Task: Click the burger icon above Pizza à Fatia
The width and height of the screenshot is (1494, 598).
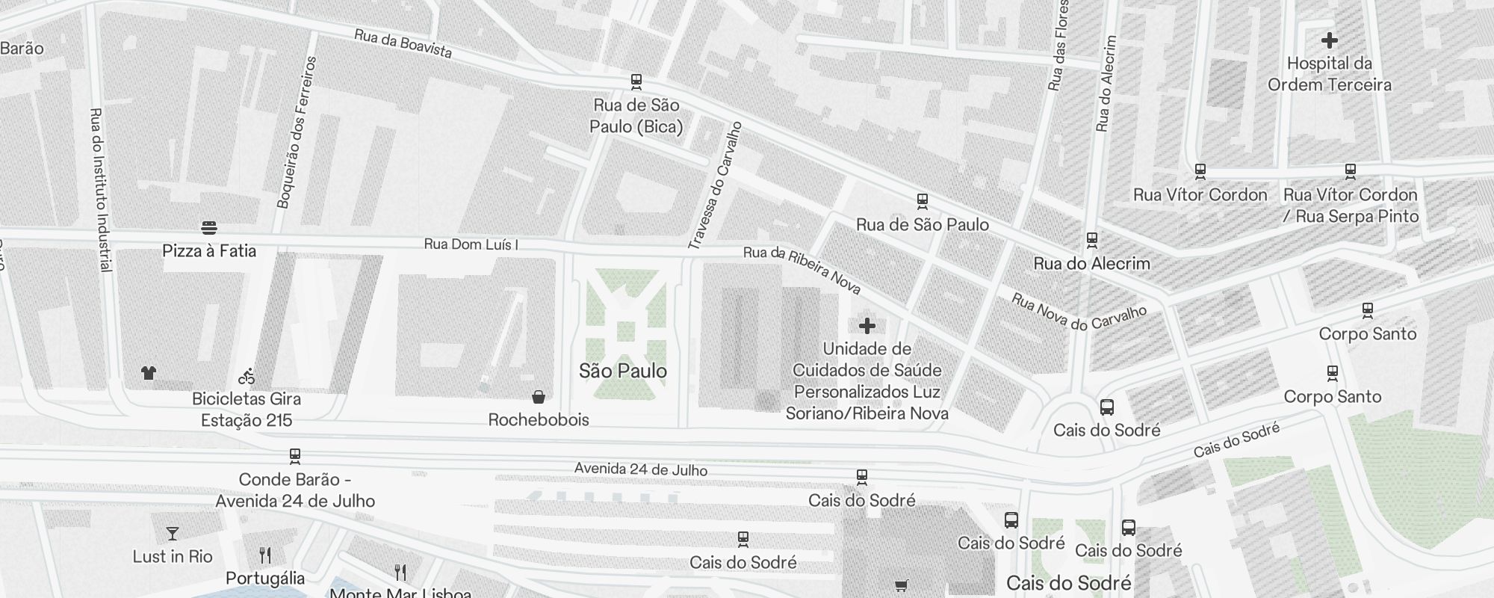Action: coord(209,227)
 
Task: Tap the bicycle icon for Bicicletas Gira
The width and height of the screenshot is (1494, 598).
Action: coord(247,375)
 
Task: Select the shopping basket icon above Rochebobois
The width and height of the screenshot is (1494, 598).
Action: coord(538,396)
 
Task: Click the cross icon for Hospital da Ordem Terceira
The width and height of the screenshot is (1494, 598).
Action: coord(1329,40)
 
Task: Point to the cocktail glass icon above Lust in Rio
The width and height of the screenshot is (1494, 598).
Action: coord(173,534)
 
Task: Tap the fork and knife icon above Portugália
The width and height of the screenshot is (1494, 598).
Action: coord(265,555)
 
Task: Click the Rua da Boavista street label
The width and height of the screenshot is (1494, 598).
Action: coord(403,43)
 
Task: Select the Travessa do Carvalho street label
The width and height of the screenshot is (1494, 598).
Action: coord(715,185)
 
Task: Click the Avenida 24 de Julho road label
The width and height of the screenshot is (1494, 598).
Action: coord(640,469)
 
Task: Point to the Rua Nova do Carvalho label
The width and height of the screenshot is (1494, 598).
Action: coord(1078,311)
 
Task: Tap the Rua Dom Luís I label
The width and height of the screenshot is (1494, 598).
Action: coord(471,244)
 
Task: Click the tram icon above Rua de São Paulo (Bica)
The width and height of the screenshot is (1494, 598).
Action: coord(636,81)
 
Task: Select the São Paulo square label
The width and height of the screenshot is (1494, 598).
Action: coord(623,371)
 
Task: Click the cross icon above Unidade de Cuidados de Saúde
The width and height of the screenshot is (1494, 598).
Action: coord(867,326)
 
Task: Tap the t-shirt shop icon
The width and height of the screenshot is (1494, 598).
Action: coord(149,372)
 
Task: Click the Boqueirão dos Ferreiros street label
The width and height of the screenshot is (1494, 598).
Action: coord(297,132)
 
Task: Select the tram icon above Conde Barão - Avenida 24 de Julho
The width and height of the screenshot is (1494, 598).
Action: coord(295,456)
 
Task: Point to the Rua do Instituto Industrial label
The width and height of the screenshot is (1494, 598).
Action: coord(100,190)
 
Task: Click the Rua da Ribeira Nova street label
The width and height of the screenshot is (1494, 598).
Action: coord(802,270)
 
